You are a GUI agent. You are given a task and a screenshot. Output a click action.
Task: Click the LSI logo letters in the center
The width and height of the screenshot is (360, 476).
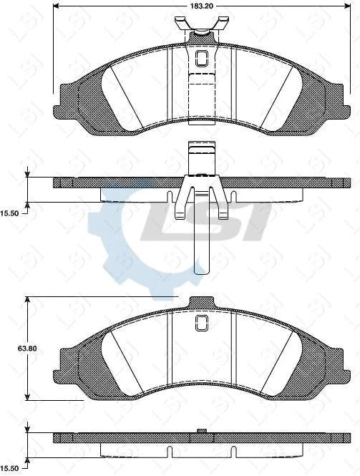(x=208, y=223)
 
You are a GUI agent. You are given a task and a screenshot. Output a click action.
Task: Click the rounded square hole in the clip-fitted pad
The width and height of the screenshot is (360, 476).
(x=201, y=58)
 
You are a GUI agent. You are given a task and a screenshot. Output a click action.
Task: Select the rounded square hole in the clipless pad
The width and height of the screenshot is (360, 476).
(x=201, y=324)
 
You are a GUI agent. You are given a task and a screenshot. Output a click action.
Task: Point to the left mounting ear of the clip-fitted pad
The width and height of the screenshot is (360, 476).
(x=66, y=100)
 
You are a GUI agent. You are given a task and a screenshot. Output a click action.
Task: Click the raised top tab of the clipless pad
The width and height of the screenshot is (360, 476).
(x=201, y=302)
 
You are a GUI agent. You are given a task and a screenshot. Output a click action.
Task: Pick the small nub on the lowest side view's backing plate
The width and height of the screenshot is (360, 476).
(x=202, y=431)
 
